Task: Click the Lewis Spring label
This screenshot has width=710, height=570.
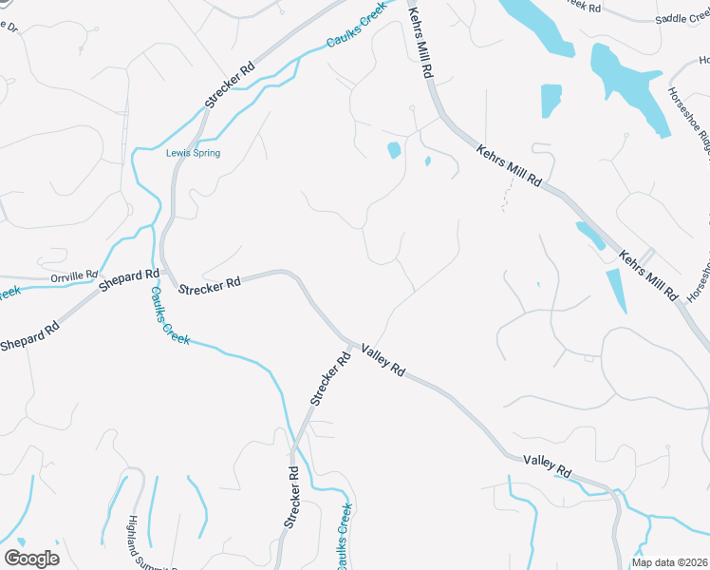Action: [193, 153]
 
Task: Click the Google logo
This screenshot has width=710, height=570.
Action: [31, 559]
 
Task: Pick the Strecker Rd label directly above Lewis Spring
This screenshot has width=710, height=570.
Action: [231, 85]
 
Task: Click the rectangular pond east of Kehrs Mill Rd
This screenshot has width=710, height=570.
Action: [551, 101]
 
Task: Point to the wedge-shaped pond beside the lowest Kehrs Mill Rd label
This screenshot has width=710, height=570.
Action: [615, 290]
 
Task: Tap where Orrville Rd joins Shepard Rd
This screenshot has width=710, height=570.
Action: [103, 275]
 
